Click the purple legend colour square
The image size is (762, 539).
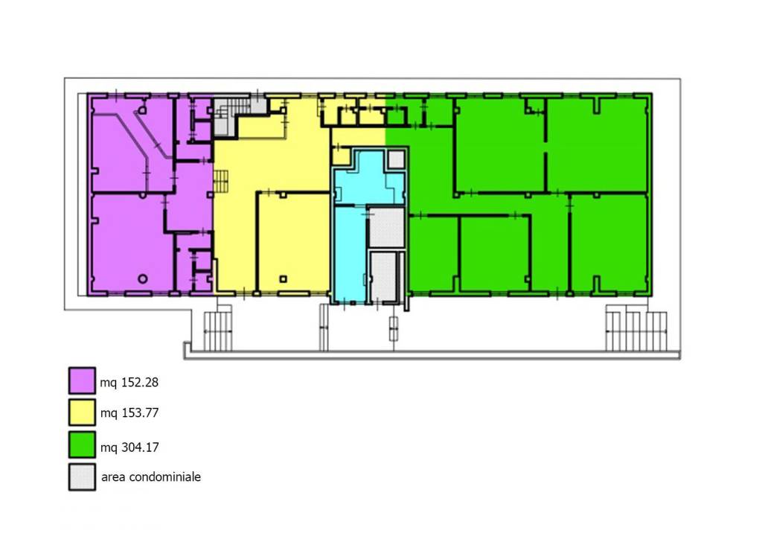(82, 380)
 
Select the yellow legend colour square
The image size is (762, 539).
(82, 412)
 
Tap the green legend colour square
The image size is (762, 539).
(82, 444)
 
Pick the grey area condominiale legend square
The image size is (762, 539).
(82, 476)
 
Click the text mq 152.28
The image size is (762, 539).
(129, 383)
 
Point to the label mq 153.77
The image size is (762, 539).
(129, 413)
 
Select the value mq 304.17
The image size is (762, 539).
(129, 447)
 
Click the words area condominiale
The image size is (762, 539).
(150, 476)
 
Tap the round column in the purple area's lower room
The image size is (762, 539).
(142, 278)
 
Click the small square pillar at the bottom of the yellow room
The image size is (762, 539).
(284, 279)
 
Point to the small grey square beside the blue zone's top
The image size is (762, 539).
(397, 159)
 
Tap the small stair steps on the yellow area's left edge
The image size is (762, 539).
(221, 181)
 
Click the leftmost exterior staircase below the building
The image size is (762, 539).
(217, 331)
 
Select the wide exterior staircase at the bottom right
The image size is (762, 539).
(637, 331)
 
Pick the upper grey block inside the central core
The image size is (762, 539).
(387, 228)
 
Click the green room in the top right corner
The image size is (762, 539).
(598, 145)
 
